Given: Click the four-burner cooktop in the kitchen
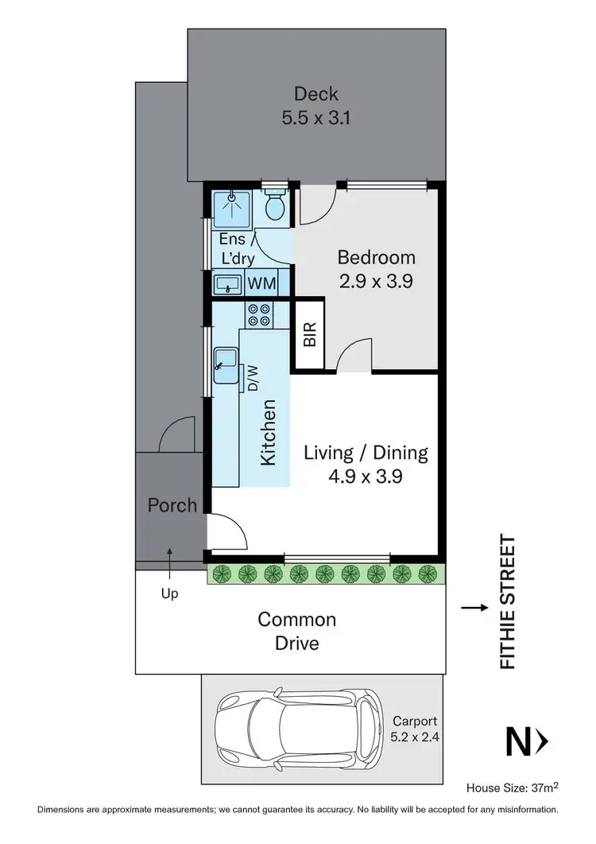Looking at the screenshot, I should tap(259, 315).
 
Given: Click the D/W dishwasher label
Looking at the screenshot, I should tap(253, 378).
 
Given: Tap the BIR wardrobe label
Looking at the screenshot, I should tap(309, 334).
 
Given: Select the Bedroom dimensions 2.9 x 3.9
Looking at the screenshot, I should tap(376, 281).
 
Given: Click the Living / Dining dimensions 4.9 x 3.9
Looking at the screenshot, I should tap(366, 476).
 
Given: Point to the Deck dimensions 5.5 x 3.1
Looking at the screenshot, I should tap(316, 118).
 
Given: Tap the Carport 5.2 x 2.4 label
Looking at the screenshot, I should tap(416, 729).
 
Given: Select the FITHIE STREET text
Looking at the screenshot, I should tap(507, 602).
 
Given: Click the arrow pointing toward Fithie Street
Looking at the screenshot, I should tap(474, 609).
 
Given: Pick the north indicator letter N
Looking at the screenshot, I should tap(518, 741).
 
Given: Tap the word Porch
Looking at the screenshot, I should tap(172, 505).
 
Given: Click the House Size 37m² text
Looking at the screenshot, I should tap(512, 787).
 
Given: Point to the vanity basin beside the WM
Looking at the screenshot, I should tap(228, 283).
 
